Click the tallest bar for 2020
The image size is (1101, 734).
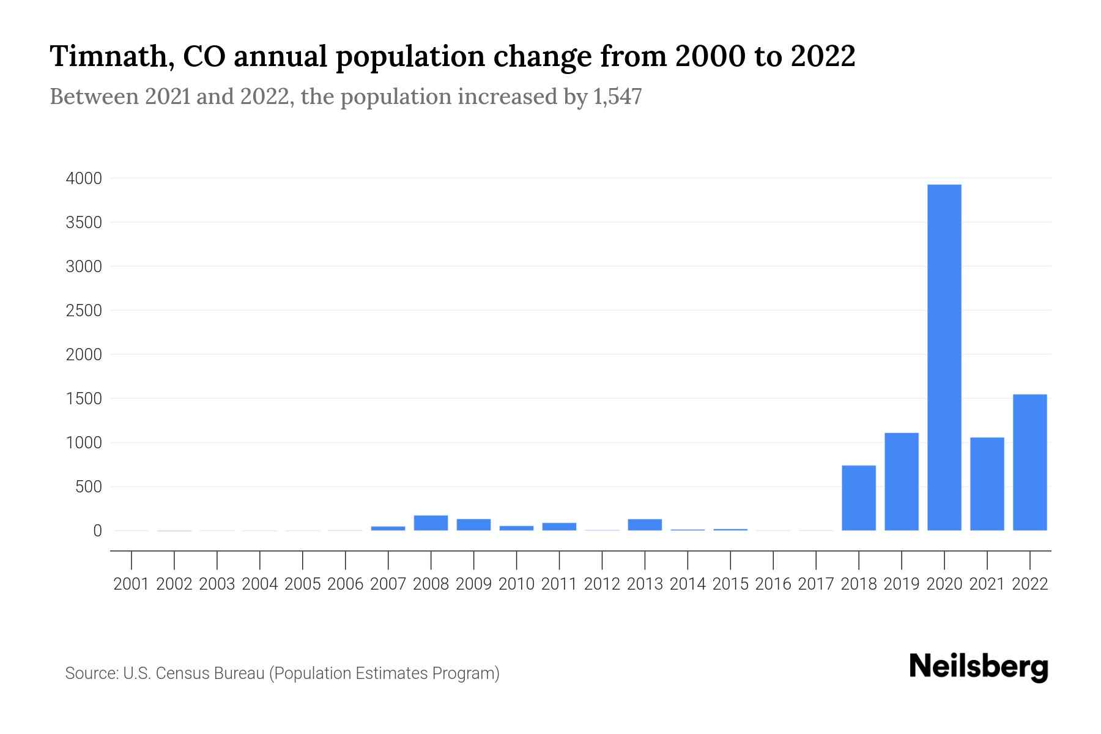[944, 358]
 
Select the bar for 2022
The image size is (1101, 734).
[1030, 462]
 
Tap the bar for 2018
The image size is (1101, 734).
[859, 498]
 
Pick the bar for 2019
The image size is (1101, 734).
[902, 482]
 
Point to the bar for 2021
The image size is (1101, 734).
[987, 484]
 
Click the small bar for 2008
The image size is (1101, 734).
[431, 523]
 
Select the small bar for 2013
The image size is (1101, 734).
[645, 525]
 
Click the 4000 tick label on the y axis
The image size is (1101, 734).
[84, 179]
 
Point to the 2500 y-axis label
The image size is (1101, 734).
[84, 311]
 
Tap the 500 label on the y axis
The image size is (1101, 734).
[89, 487]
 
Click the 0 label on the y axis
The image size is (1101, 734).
[97, 531]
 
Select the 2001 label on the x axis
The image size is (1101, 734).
[132, 584]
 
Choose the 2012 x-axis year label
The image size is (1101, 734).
[602, 584]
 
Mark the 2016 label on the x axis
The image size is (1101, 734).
[773, 584]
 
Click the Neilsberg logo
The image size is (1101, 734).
[979, 667]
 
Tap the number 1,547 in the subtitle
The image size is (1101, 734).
[617, 97]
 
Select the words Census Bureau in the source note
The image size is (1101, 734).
[211, 673]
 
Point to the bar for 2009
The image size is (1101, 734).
[473, 525]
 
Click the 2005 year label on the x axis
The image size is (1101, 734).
[303, 584]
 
